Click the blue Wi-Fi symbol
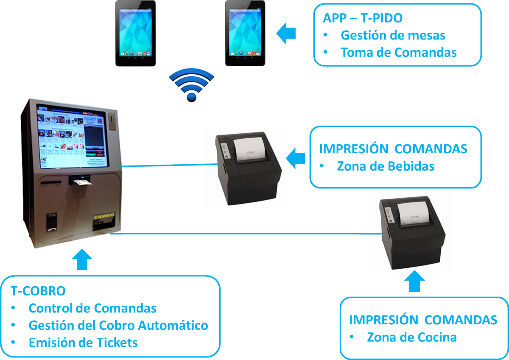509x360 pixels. (191, 86)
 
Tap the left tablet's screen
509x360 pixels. (136, 31)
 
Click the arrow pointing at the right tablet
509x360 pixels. (287, 33)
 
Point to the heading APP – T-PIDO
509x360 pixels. (363, 18)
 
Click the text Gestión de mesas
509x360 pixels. (393, 35)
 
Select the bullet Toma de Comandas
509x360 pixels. (398, 53)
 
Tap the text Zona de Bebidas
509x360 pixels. (386, 166)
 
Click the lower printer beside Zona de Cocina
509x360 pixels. (410, 235)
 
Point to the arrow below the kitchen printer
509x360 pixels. (414, 281)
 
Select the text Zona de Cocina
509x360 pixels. (411, 337)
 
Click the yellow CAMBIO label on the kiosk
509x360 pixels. (103, 216)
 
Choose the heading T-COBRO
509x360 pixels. (38, 291)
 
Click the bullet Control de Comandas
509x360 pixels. (92, 308)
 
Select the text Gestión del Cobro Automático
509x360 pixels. (118, 326)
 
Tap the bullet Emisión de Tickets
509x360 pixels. (83, 343)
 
